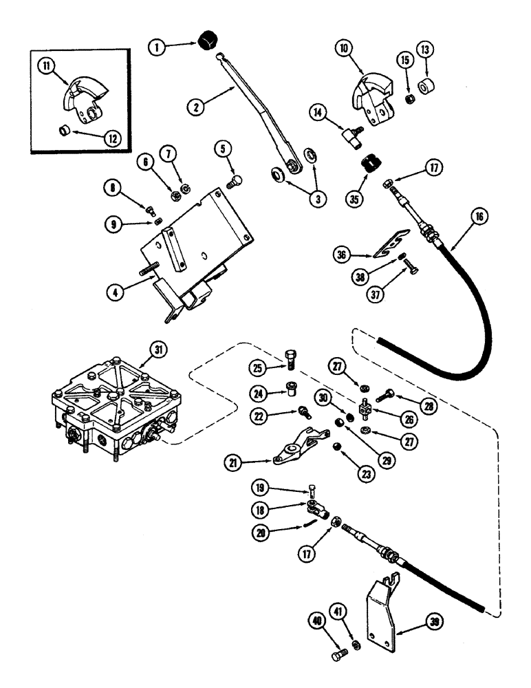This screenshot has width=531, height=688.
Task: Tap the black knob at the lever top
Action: coord(206,41)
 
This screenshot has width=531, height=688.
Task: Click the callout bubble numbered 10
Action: coord(345,50)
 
